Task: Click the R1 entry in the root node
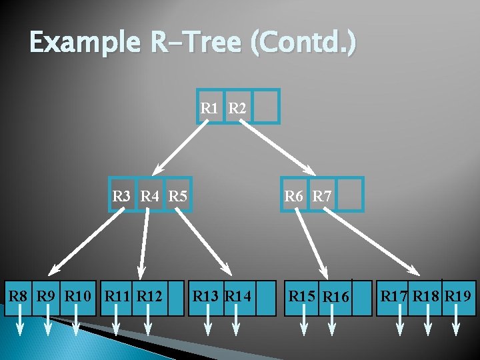point(210,107)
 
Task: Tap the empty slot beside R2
point(266,107)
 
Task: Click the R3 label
point(122,196)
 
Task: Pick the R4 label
point(150,196)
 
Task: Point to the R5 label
point(177,196)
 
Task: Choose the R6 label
point(294,196)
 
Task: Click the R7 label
point(322,196)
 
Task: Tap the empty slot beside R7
point(351,195)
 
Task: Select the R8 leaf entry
point(18,295)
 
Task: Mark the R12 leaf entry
point(149,295)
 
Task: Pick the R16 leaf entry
point(336,296)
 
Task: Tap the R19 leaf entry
point(458,295)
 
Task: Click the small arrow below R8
point(20,327)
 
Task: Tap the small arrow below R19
point(457,327)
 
